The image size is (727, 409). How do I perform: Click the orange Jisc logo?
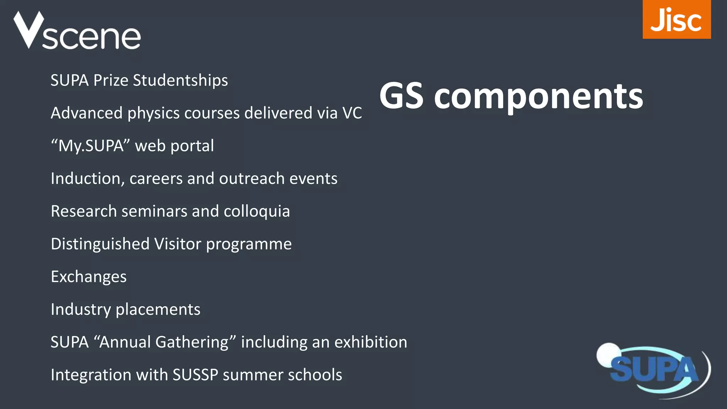click(x=676, y=20)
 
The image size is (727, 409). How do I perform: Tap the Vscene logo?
click(x=77, y=31)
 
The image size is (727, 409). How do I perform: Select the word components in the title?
click(x=538, y=97)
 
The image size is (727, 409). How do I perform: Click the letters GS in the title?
click(x=401, y=97)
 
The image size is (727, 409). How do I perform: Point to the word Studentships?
click(x=180, y=81)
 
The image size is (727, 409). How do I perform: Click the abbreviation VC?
click(x=352, y=113)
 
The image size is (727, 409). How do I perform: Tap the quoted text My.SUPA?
click(x=91, y=146)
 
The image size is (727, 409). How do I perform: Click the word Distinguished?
click(x=100, y=244)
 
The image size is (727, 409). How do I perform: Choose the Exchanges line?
click(x=89, y=277)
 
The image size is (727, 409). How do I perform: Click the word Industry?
click(x=81, y=310)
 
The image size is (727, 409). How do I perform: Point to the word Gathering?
click(x=191, y=342)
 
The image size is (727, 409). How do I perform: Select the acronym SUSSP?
click(x=195, y=375)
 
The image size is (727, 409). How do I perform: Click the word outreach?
click(x=252, y=179)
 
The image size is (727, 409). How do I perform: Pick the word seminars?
click(x=154, y=212)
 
